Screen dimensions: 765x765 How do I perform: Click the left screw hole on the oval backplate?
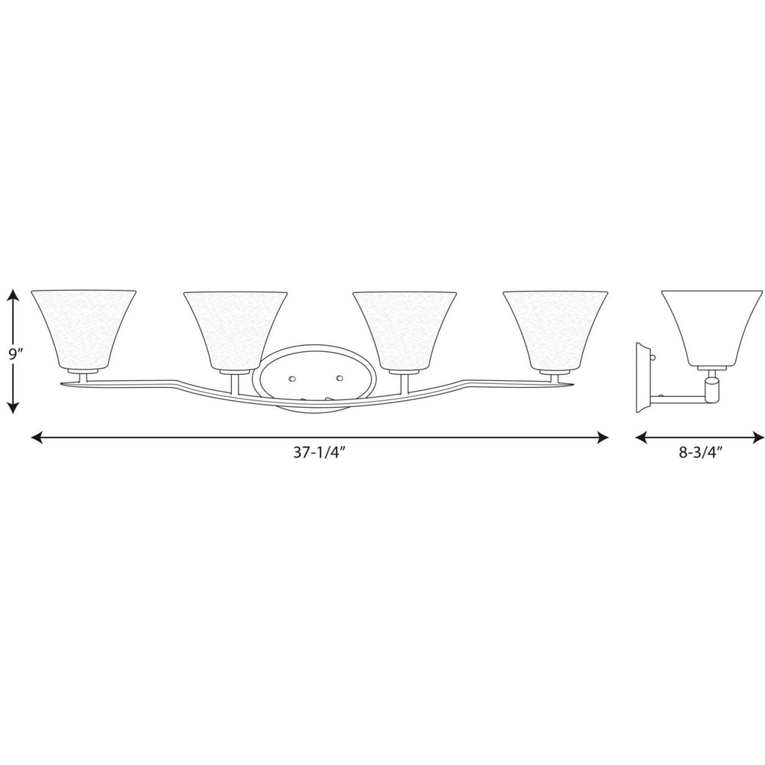(293, 378)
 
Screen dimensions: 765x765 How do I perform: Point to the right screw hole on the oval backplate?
(339, 378)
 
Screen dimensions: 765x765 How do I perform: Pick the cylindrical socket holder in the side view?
(713, 387)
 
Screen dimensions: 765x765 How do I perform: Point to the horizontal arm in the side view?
(677, 396)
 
